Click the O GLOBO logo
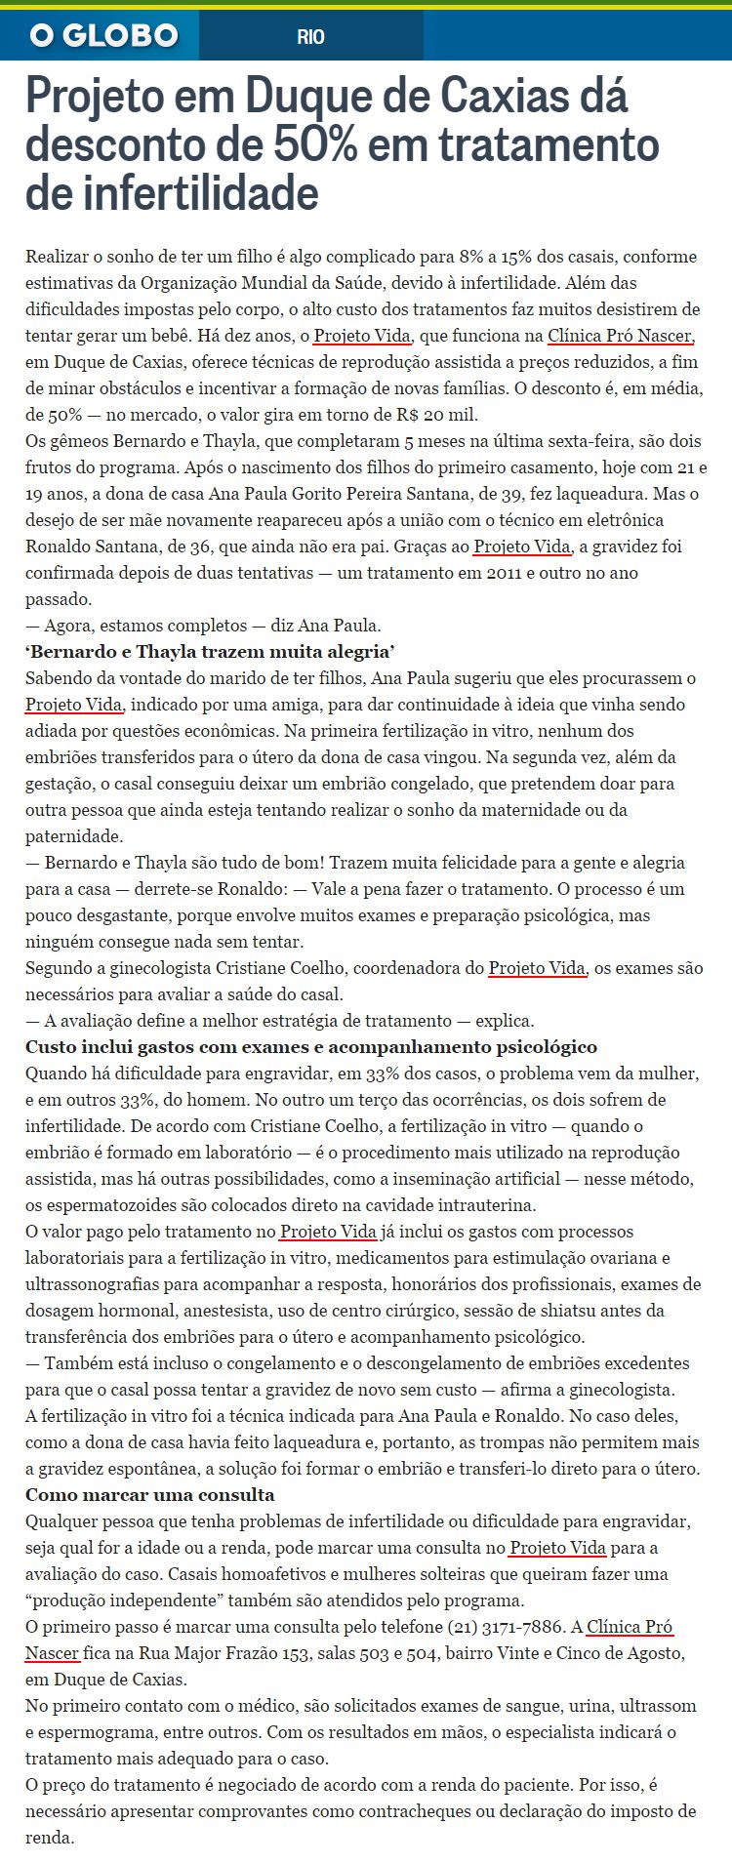click(103, 37)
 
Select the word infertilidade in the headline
click(172, 192)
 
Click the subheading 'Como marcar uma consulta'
click(149, 1495)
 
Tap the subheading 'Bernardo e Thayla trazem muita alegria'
click(209, 652)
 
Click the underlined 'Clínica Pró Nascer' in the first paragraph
click(621, 336)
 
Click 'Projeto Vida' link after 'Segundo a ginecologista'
click(537, 968)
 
